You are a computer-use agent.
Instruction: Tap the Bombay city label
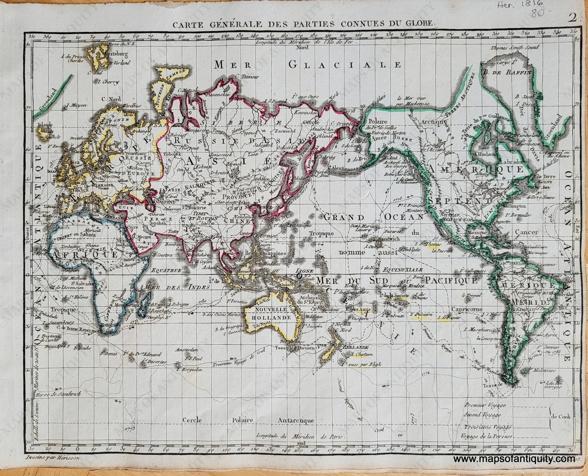coord(173,244)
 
